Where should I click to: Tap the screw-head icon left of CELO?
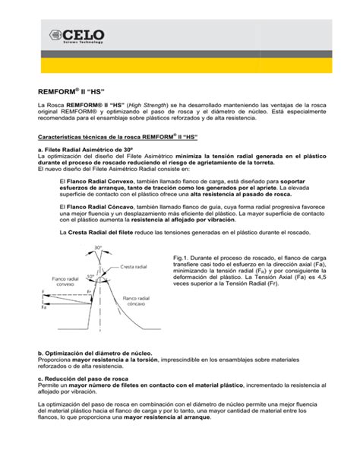tap(58, 35)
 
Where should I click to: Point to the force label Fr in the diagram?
tap(89, 291)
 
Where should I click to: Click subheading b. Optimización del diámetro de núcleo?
tap(95, 353)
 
